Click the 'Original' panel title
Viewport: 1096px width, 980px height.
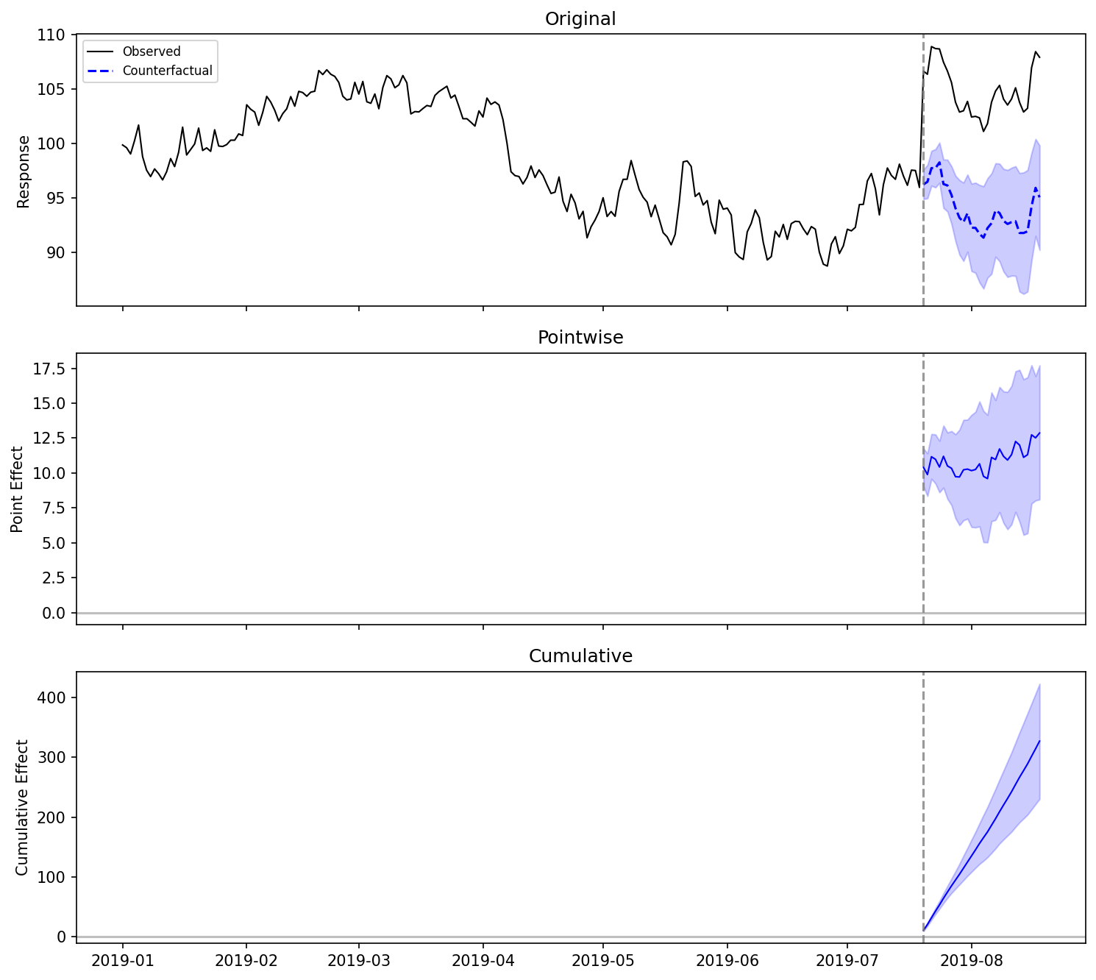pos(580,19)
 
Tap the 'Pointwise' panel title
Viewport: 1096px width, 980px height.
pos(580,338)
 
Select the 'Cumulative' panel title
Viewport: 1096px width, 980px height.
pos(580,656)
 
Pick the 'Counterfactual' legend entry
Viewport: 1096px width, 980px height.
pos(167,71)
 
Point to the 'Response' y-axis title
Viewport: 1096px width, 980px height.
pos(24,171)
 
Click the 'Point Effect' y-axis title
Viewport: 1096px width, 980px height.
pos(18,489)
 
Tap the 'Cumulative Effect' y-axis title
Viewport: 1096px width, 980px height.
pos(22,807)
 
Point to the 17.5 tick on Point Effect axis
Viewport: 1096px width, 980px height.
pos(50,368)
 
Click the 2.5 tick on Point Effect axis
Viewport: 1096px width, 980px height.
pos(53,578)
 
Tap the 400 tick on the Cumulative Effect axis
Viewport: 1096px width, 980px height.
pos(52,697)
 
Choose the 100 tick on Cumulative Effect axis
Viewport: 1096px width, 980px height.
pos(52,877)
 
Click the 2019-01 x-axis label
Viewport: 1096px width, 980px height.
pos(122,960)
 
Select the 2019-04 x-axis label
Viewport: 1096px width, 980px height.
pos(483,960)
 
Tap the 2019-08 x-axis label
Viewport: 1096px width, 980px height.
pos(972,960)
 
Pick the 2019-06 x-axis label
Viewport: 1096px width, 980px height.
pos(727,960)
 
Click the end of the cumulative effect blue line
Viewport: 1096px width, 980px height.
pos(1039,741)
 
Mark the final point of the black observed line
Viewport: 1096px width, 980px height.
pos(1039,57)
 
